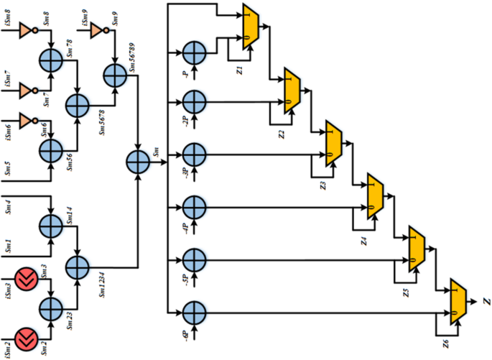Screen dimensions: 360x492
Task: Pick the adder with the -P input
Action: [193, 53]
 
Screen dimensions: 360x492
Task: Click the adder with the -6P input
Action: [193, 313]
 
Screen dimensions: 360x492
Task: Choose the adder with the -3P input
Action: [193, 154]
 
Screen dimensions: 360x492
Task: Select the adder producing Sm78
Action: [52, 57]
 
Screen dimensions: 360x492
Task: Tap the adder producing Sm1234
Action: [76, 267]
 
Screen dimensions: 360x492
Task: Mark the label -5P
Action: [185, 277]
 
